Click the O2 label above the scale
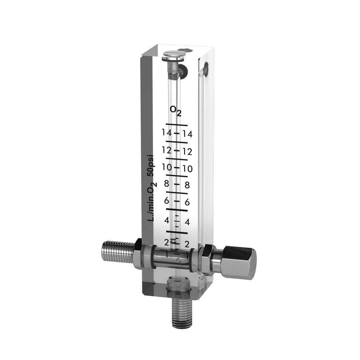pyautogui.click(x=176, y=111)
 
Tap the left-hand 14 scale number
pyautogui.click(x=166, y=133)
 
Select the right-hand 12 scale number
pyautogui.click(x=187, y=151)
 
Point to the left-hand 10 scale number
pyautogui.click(x=167, y=167)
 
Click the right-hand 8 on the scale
pyautogui.click(x=187, y=185)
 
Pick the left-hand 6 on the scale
pyautogui.click(x=166, y=201)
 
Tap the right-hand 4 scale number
pyautogui.click(x=187, y=222)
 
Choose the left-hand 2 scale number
pyautogui.click(x=167, y=242)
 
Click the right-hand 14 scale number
pyautogui.click(x=187, y=134)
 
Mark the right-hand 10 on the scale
pyautogui.click(x=187, y=169)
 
